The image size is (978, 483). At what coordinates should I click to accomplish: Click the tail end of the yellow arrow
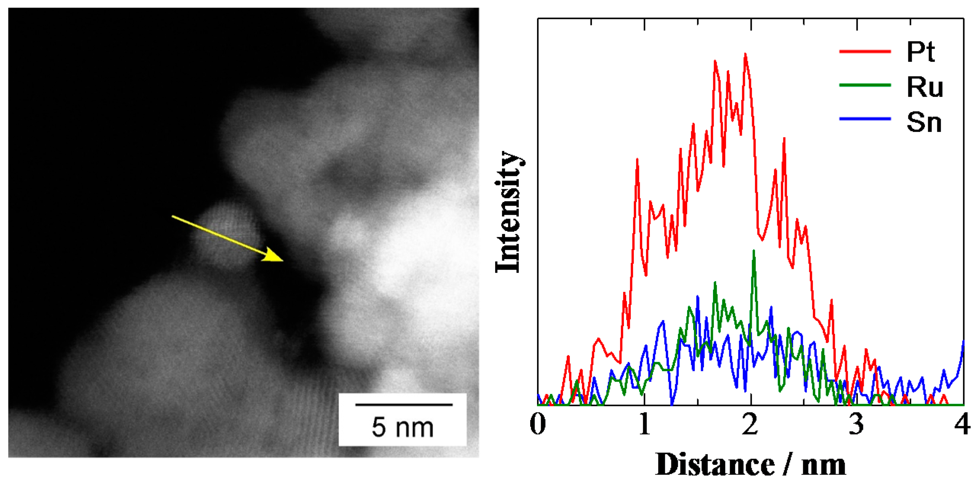coord(173,216)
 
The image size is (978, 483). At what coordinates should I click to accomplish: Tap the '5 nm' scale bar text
coord(403,427)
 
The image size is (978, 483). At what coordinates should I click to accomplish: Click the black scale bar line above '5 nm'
coord(404,405)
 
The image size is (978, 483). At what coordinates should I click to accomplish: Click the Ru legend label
coord(925,87)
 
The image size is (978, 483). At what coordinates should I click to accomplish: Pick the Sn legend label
coord(924,123)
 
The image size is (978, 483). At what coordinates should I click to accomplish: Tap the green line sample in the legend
coord(865,85)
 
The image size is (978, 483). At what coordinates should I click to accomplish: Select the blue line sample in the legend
coord(865,119)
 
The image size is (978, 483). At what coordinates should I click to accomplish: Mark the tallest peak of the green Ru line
coord(754,251)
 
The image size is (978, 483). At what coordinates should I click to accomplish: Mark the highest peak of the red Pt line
coord(745,54)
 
